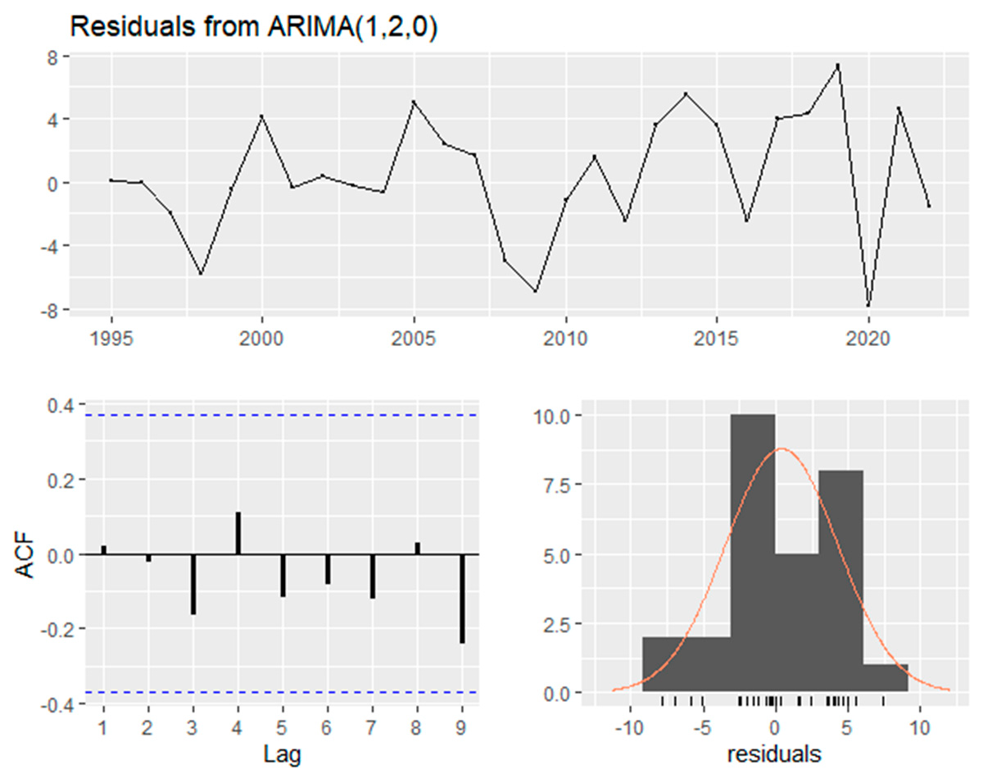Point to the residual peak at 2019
click(x=837, y=66)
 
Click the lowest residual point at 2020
click(x=867, y=306)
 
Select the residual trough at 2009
click(x=535, y=291)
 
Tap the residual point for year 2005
click(x=414, y=102)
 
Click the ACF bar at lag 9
click(x=463, y=598)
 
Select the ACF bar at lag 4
click(x=238, y=534)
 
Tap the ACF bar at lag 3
click(x=193, y=584)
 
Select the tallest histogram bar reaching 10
click(x=752, y=553)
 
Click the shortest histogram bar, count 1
click(x=886, y=678)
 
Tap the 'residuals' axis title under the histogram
click(x=775, y=753)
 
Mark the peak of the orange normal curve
click(x=781, y=449)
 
